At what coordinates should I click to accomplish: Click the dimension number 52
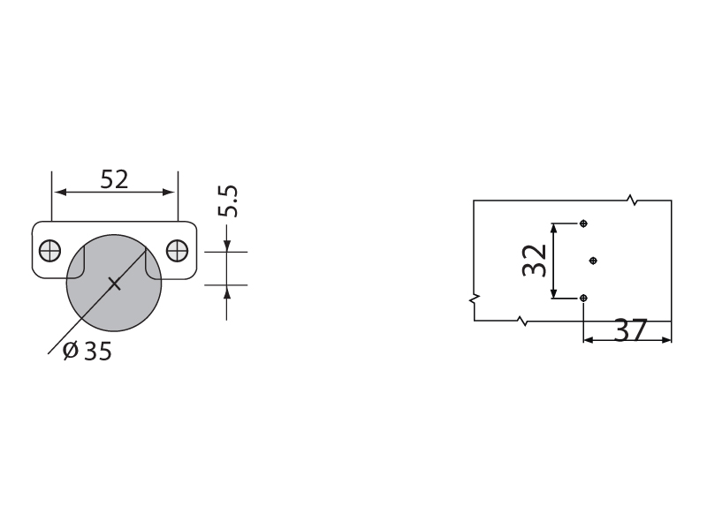coord(114,179)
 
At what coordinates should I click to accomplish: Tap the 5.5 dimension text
coord(227,201)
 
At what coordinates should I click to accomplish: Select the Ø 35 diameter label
coord(87,351)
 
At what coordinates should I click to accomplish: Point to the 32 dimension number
coord(535,260)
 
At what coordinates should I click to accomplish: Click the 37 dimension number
coord(631,329)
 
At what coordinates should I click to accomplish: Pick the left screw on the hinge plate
coord(50,251)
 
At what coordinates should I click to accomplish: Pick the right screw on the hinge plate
coord(178,251)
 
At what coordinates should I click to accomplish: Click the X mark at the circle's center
coord(115,284)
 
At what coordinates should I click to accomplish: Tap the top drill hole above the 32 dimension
coord(583,223)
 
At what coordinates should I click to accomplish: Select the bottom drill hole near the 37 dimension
coord(583,298)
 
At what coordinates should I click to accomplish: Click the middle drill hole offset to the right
coord(593,261)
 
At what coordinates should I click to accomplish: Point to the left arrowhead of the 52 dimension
coord(60,193)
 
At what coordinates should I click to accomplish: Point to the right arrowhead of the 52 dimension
coord(169,193)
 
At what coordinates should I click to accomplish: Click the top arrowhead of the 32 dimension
coord(554,228)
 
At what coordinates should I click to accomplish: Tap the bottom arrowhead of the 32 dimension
coord(554,293)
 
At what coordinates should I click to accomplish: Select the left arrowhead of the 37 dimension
coord(589,340)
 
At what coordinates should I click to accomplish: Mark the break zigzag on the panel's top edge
coord(633,201)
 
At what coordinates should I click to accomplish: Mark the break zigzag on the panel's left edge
coord(474,299)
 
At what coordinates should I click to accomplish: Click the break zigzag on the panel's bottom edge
coord(522,321)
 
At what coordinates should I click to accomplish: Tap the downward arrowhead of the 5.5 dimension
coord(227,246)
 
